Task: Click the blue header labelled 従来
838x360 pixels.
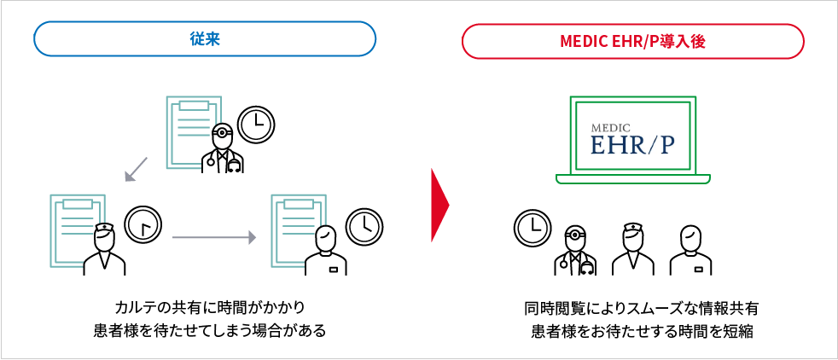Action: (205, 39)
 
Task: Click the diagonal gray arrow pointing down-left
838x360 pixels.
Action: (136, 169)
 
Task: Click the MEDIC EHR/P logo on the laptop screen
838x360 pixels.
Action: (632, 138)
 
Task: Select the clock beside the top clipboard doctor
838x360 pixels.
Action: (255, 125)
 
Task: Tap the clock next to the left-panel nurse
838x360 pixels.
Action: (143, 224)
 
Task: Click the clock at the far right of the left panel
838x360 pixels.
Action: (364, 224)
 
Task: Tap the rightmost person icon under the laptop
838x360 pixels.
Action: (690, 250)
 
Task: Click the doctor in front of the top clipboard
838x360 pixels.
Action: (223, 149)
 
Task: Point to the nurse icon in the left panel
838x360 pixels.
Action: (104, 248)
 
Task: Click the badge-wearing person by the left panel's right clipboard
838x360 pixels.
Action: (325, 250)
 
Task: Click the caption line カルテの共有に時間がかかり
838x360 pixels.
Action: (209, 307)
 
